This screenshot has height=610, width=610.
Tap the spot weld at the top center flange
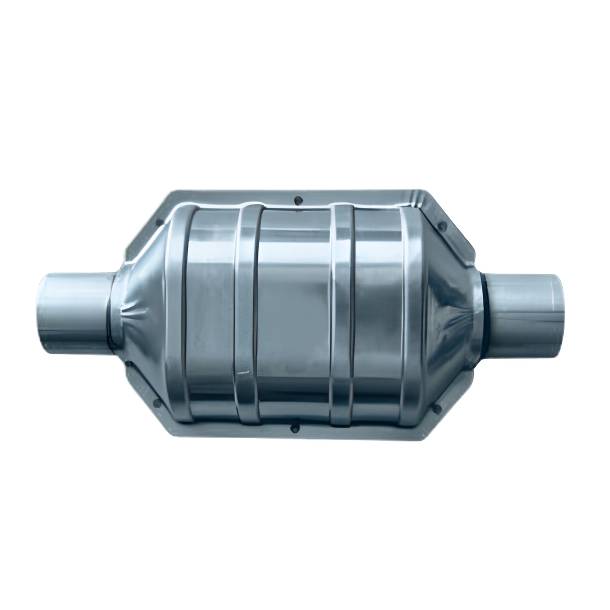[298, 200]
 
